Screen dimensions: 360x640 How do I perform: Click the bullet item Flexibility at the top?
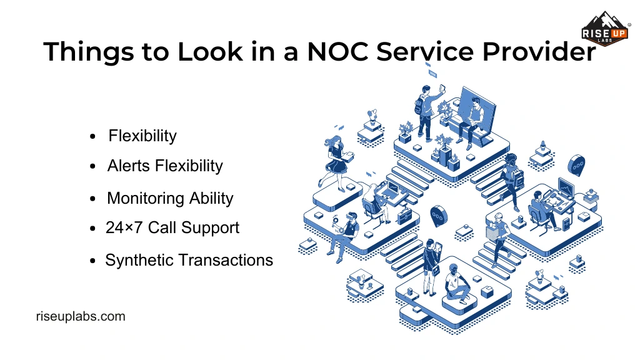pos(142,136)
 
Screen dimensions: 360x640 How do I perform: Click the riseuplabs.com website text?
pos(81,316)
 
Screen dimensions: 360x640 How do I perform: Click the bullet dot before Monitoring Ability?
pos(93,199)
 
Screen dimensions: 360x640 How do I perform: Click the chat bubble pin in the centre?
pos(439,215)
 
